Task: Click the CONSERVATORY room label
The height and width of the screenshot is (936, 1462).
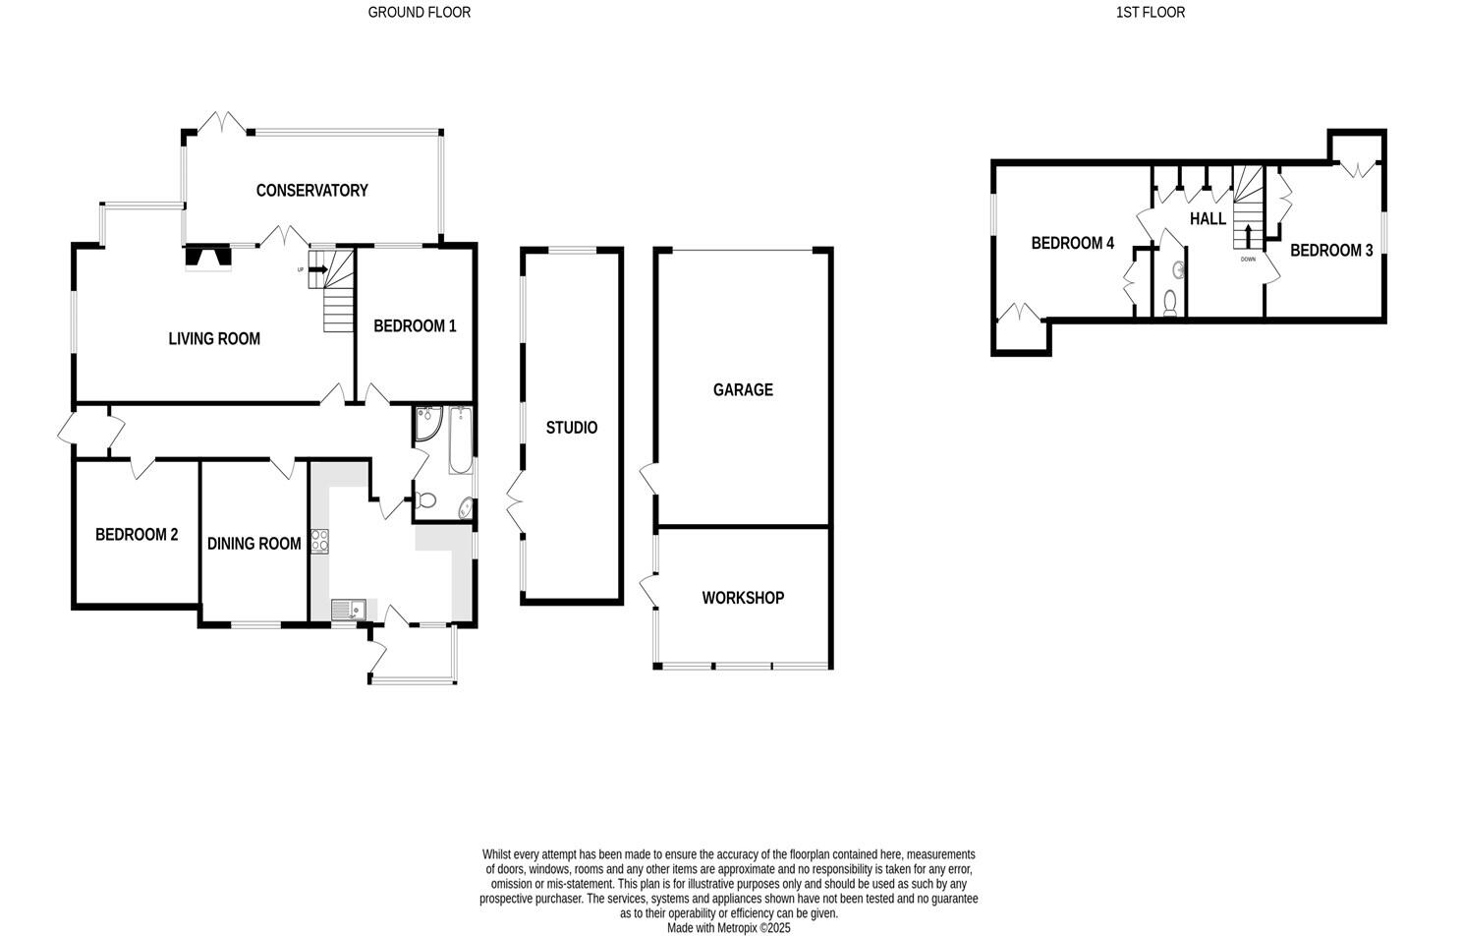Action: tap(311, 191)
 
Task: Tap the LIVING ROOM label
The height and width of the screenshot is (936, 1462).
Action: tap(214, 339)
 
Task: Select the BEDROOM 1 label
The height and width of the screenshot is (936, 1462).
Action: tap(415, 326)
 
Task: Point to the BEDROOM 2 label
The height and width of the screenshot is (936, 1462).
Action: tap(137, 535)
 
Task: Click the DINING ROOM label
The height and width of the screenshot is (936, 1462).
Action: tap(253, 544)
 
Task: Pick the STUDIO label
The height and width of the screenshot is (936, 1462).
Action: tap(572, 428)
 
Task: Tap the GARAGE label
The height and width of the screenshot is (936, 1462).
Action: tap(743, 390)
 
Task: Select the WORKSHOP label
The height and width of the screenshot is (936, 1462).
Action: tap(743, 598)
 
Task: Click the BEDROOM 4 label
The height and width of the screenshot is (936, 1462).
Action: tap(1072, 244)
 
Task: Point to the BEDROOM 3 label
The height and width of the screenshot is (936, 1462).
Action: tap(1331, 251)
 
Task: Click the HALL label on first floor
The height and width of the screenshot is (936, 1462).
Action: tap(1208, 218)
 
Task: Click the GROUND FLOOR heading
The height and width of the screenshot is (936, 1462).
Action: tap(420, 13)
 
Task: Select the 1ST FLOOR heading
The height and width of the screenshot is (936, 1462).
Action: tap(1150, 13)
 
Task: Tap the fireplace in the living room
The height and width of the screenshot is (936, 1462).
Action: tap(208, 258)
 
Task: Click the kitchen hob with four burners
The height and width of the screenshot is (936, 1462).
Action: tap(320, 540)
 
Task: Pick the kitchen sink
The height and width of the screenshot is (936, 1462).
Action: tap(347, 611)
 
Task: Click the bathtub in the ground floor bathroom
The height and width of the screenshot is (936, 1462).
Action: tap(461, 439)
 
